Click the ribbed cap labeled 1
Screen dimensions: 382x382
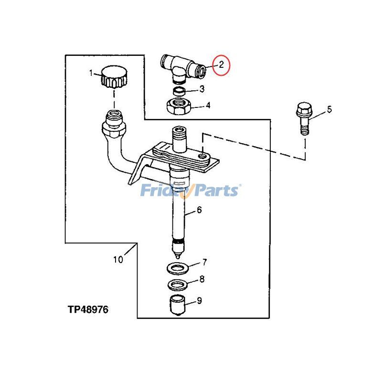pos(114,77)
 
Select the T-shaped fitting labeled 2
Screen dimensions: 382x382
pos(183,67)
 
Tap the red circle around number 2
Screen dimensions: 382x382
pos(221,65)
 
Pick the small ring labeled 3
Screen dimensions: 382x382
pos(180,92)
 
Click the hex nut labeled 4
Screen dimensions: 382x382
pos(180,107)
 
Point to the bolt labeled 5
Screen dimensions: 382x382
pos(304,118)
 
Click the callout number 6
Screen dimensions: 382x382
pos(199,210)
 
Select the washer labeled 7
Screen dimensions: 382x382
pos(178,269)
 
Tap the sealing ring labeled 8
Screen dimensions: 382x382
pos(178,285)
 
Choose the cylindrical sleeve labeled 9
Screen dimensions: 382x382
pos(177,305)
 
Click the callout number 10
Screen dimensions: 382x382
pos(118,259)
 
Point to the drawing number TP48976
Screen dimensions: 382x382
pos(88,309)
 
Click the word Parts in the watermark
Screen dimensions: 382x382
pos(214,191)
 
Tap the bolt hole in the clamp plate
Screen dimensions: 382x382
pos(202,156)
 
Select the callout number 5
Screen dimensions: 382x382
pos(329,110)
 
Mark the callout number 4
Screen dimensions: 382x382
pos(208,106)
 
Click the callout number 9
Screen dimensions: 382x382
pos(199,301)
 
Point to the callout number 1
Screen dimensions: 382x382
pos(91,73)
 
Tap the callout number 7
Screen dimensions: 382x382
pos(204,262)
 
